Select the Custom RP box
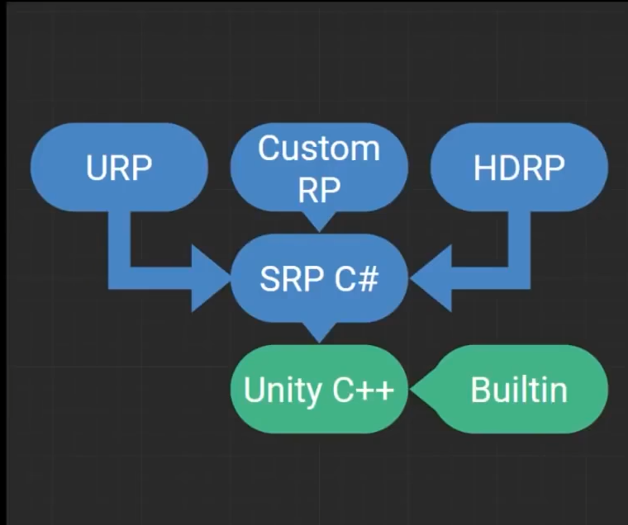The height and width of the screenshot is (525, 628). pos(318,168)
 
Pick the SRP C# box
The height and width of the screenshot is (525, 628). pos(318,278)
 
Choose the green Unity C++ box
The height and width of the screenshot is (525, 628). pos(318,389)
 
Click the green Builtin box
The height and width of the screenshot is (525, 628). pos(519,389)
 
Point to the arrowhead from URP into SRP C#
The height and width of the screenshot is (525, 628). pos(211,278)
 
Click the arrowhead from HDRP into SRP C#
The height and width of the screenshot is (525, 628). pos(428,278)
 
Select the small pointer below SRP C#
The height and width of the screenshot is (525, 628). pos(318,333)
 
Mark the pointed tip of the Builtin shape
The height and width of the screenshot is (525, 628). pos(416,389)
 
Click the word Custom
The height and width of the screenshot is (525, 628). pos(318,149)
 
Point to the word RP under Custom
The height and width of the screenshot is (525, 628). pos(318,190)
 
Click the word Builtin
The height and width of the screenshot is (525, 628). pos(519,389)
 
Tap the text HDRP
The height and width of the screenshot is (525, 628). pos(519,168)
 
